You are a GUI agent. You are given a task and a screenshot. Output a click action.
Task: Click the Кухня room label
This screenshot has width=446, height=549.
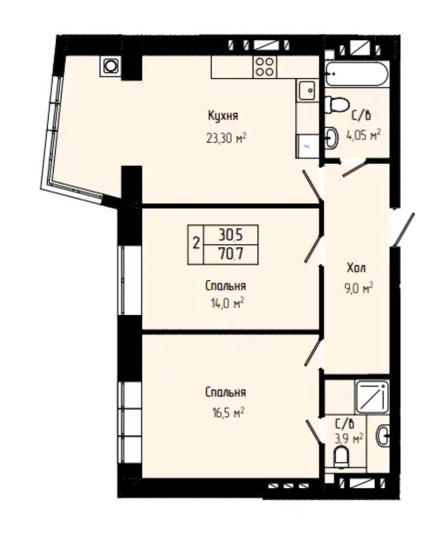tap(223, 116)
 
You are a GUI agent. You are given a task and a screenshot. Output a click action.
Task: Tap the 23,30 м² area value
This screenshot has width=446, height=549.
tap(226, 138)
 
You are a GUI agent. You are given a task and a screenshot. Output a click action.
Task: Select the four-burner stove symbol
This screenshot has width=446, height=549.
tap(264, 66)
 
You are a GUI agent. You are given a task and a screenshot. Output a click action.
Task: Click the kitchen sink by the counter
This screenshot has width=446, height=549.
tap(307, 90)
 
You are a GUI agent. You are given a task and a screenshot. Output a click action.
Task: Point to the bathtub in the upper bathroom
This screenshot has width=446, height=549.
tap(357, 73)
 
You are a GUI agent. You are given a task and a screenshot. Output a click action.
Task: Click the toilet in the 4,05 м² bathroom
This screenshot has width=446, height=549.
tap(337, 105)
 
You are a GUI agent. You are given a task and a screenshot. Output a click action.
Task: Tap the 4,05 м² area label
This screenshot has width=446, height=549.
tap(363, 135)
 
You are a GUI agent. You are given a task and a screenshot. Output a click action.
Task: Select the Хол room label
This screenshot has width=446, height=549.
tap(356, 268)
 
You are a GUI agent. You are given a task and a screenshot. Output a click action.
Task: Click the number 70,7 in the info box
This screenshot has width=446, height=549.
tap(231, 254)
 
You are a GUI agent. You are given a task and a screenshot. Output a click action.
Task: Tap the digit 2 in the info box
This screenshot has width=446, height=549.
tap(196, 243)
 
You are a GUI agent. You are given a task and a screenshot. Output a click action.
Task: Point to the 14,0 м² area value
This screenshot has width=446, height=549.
tap(224, 303)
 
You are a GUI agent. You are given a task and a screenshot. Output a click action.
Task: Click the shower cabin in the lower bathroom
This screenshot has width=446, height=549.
tap(372, 397)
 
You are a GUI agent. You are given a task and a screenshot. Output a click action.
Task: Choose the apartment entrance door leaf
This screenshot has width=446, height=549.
tap(404, 229)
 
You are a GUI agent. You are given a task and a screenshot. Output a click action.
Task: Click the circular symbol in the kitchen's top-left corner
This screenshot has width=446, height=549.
tap(111, 66)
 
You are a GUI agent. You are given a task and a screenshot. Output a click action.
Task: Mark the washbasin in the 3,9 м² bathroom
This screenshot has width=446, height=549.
tap(383, 435)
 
